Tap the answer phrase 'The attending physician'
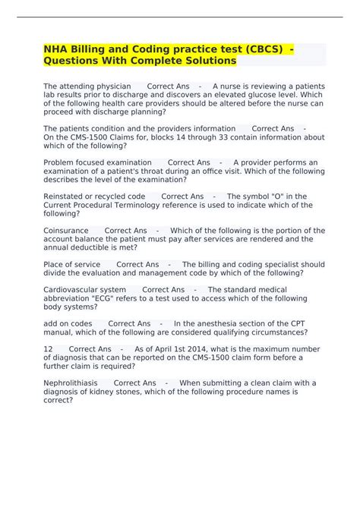pos(87,87)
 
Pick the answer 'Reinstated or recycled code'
pos(95,197)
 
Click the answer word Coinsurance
pos(66,231)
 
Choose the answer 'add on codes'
pos(68,324)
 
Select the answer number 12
pos(48,349)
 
